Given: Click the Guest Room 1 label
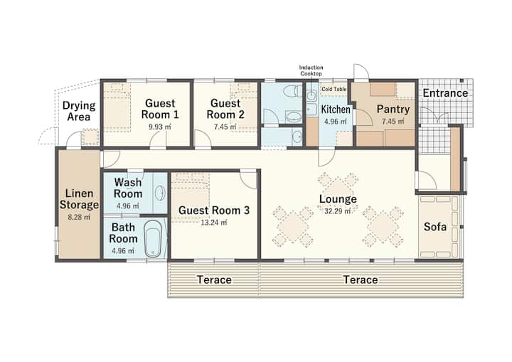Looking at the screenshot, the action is pos(160,109).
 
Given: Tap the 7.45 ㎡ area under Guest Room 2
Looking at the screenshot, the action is pos(225,127).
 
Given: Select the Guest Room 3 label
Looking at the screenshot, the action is pos(214,211).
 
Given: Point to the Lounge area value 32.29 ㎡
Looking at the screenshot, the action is pos(338,211).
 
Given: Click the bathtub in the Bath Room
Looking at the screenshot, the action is pos(153,238).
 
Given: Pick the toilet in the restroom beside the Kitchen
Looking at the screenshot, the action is pos(292,91).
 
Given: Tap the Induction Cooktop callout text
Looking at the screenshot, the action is pos(311,70).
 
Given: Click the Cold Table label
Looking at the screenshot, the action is pos(334,89).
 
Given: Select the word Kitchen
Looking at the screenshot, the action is pos(336,110).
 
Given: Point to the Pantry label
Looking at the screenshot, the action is pos(393,109).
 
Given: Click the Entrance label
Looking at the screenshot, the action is pos(445,93).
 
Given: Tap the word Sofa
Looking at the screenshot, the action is pos(435,226).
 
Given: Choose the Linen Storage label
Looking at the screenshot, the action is pos(79,199).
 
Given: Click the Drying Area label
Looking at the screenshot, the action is pos(79,111).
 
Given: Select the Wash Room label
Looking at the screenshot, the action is pos(128,188).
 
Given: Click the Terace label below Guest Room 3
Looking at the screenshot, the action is pos(214,280).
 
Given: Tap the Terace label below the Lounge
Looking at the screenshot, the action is pos(361,280).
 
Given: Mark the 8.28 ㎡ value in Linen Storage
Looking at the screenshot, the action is pos(79,217).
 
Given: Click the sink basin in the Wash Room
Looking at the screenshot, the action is pos(160,193).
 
